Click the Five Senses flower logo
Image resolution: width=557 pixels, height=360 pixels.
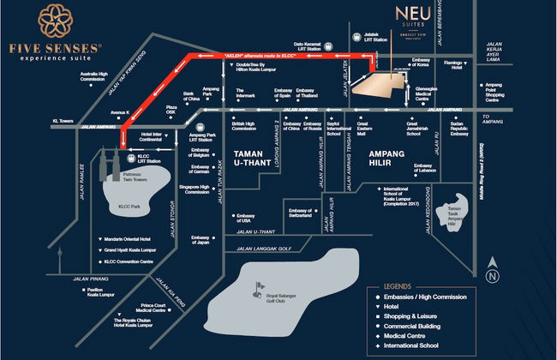[54, 21]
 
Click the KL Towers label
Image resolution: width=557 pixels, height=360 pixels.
[65, 121]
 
